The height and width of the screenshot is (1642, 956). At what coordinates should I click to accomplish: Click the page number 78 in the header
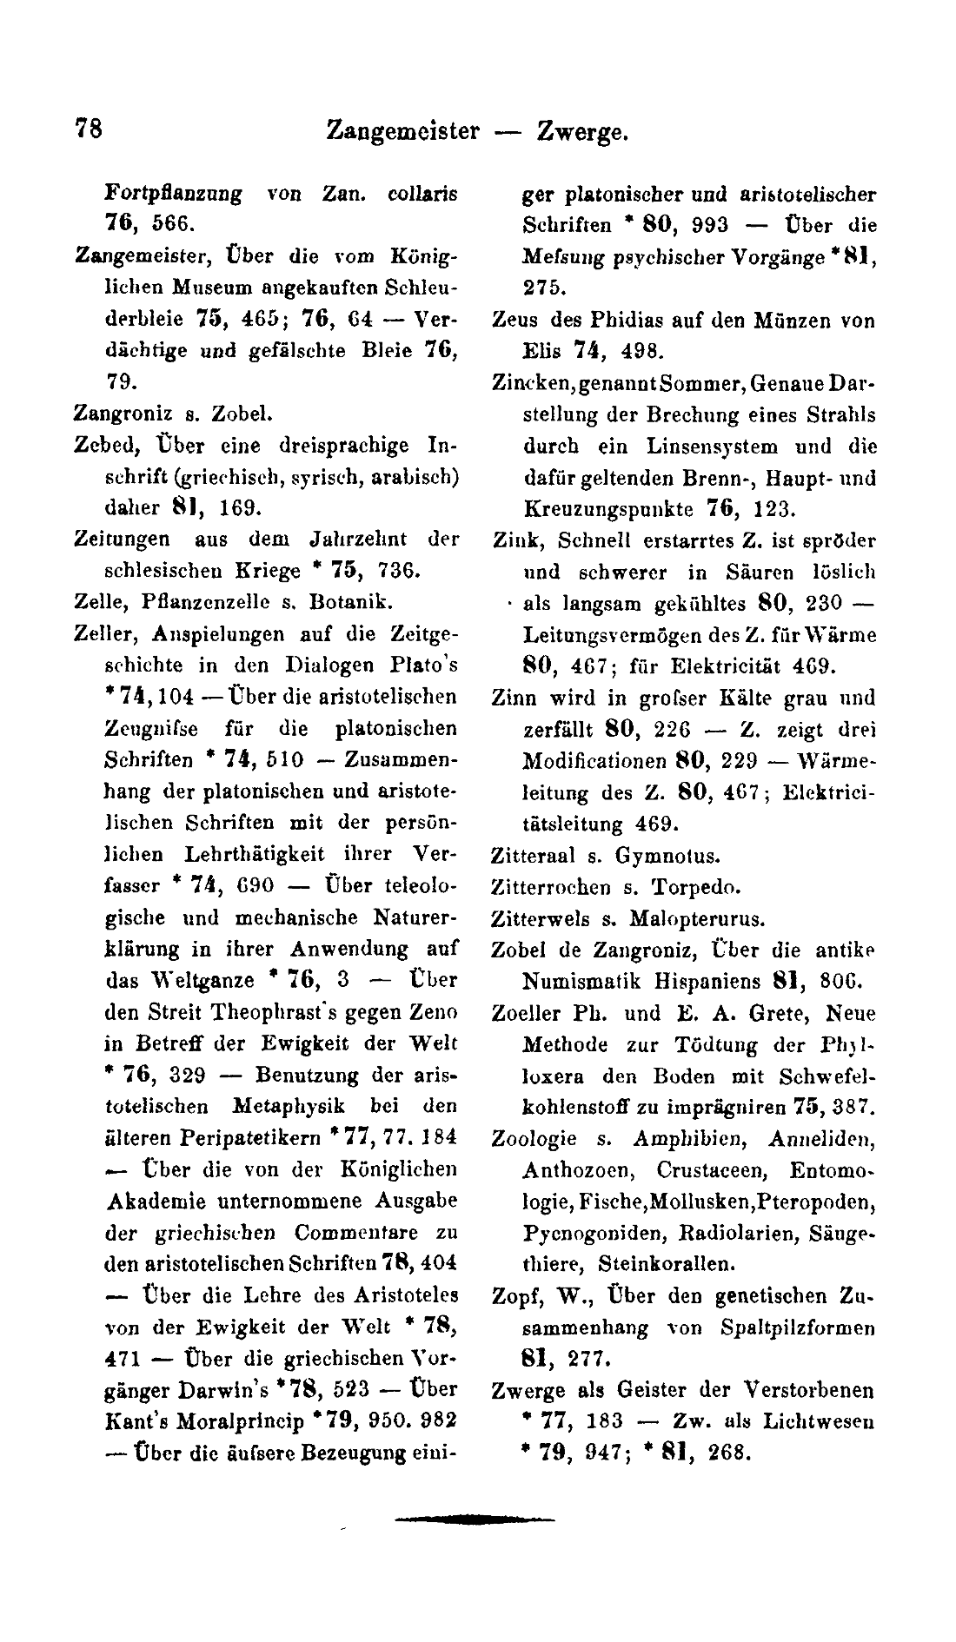90,129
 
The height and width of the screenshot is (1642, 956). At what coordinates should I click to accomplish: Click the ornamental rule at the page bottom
474,1520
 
